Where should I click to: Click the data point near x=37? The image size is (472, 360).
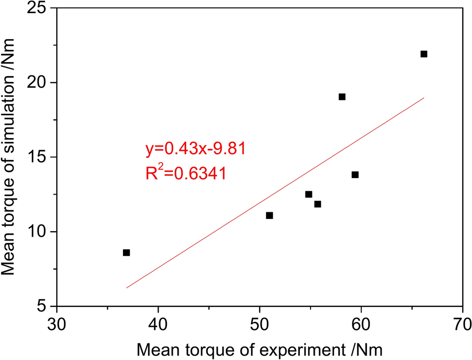(126, 253)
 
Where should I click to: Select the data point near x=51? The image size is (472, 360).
(269, 215)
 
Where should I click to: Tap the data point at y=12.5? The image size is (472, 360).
(308, 194)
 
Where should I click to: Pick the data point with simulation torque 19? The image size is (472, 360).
(342, 97)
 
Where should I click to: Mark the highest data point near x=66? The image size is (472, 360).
(424, 54)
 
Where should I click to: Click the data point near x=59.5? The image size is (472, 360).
(355, 175)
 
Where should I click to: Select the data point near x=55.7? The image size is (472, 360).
(318, 204)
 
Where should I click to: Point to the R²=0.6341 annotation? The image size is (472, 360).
(185, 173)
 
